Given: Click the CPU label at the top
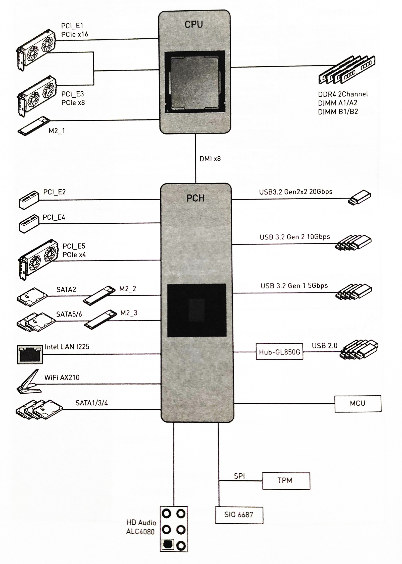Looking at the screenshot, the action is (x=194, y=25).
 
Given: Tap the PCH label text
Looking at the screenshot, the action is (x=195, y=198).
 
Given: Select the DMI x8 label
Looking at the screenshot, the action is (x=210, y=159).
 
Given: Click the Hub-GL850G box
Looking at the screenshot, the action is (x=280, y=352).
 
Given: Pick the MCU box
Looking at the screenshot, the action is (x=358, y=404).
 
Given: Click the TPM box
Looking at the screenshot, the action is (x=286, y=481).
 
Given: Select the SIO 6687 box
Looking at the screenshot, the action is (x=239, y=515).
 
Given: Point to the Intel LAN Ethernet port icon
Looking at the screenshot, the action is (x=30, y=354).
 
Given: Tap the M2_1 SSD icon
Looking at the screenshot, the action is (x=34, y=126).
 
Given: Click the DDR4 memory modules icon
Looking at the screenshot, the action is (x=347, y=70).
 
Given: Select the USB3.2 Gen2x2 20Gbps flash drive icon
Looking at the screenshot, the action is (x=360, y=198).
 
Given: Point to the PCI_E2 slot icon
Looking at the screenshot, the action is (x=29, y=200).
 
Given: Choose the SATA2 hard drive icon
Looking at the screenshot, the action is (x=32, y=297).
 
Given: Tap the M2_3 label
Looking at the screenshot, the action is (x=129, y=313).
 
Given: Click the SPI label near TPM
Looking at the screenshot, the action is (x=239, y=476).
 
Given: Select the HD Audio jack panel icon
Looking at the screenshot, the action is (x=174, y=529).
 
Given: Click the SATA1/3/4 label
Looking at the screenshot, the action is (x=92, y=403).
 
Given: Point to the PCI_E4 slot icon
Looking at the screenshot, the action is (x=29, y=224).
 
